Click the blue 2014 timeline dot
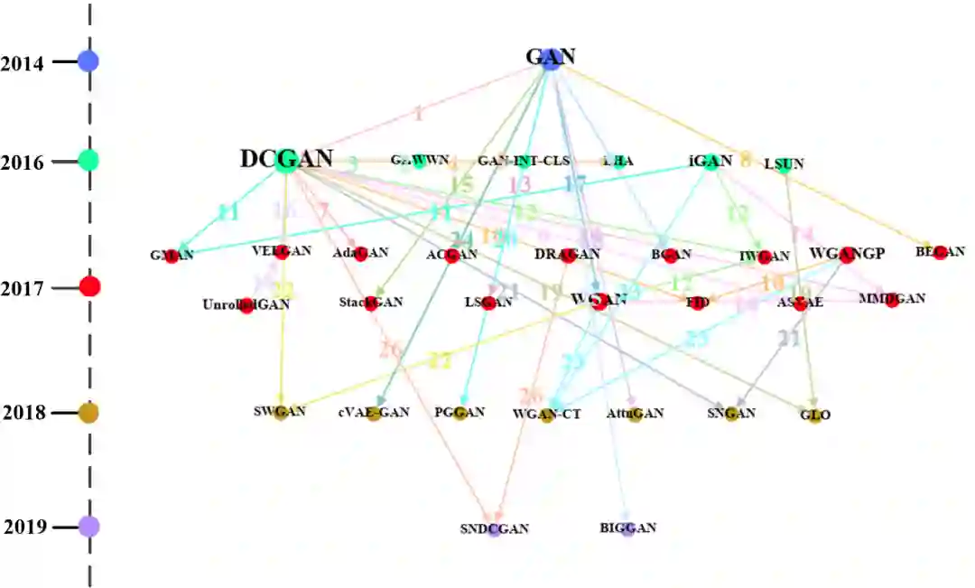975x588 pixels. pyautogui.click(x=88, y=61)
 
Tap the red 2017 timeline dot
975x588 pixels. pyautogui.click(x=89, y=287)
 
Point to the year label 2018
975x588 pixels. pyautogui.click(x=24, y=414)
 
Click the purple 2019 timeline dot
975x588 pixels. pyautogui.click(x=88, y=526)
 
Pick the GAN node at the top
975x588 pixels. pyautogui.click(x=551, y=57)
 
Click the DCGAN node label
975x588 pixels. pyautogui.click(x=286, y=160)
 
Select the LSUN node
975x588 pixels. pyautogui.click(x=784, y=164)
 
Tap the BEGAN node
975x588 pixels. pyautogui.click(x=940, y=252)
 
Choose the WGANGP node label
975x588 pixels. pyautogui.click(x=846, y=254)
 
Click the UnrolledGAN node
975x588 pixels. pyautogui.click(x=246, y=304)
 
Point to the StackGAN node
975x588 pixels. pyautogui.click(x=371, y=303)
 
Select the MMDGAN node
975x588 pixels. pyautogui.click(x=892, y=300)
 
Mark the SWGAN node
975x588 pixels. pyautogui.click(x=280, y=413)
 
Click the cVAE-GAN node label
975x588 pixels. pyautogui.click(x=374, y=413)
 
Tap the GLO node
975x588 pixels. pyautogui.click(x=814, y=415)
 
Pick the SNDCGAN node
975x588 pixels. pyautogui.click(x=494, y=529)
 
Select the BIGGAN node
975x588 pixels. pyautogui.click(x=628, y=528)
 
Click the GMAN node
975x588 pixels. pyautogui.click(x=172, y=256)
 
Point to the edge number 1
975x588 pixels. pyautogui.click(x=418, y=114)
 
